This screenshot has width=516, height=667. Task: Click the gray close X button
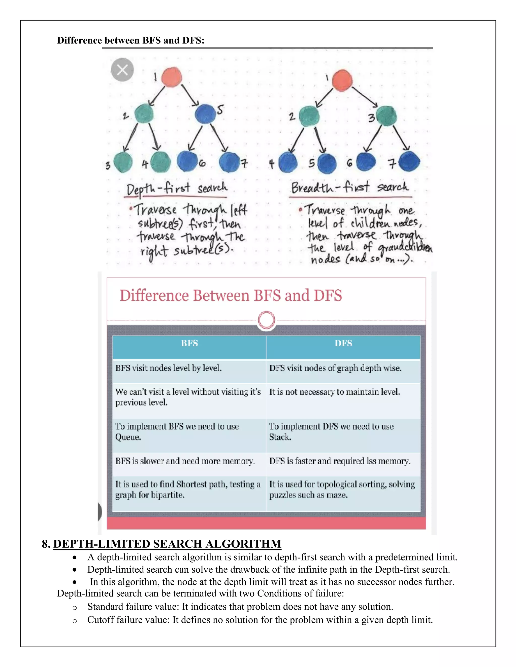(x=122, y=70)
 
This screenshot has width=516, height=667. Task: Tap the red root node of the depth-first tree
(x=172, y=77)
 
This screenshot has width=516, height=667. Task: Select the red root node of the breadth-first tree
(x=342, y=80)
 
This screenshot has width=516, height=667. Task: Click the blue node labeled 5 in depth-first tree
(x=205, y=114)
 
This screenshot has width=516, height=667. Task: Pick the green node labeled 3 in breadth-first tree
(x=387, y=116)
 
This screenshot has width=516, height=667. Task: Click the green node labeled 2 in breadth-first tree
(x=309, y=116)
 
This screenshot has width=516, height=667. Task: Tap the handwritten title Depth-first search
(x=177, y=189)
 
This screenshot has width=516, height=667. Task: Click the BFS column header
(x=189, y=344)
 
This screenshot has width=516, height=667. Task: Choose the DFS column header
(x=343, y=344)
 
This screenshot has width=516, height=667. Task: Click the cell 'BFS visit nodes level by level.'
(x=169, y=368)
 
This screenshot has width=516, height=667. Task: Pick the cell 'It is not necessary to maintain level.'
(x=334, y=392)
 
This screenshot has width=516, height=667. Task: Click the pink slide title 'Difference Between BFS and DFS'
(x=231, y=296)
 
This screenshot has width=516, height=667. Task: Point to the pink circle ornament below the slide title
(x=267, y=320)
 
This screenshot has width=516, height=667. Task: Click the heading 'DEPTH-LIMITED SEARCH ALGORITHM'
(x=167, y=544)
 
